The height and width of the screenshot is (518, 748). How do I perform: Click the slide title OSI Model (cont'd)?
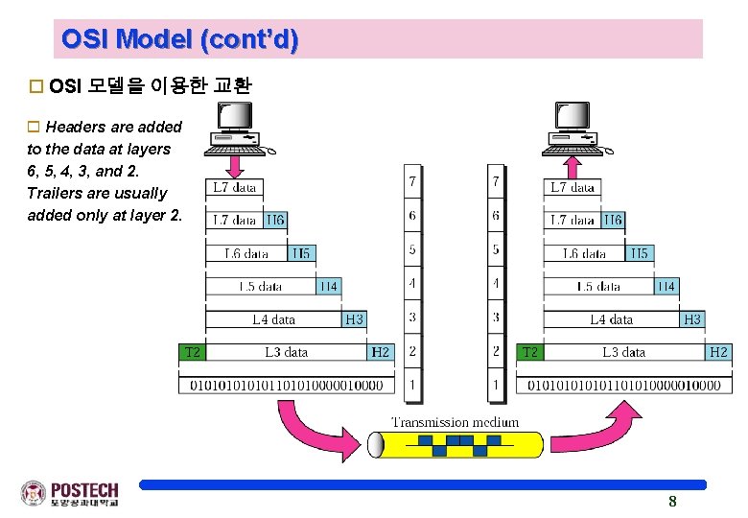click(179, 39)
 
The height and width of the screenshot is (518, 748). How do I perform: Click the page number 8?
click(672, 501)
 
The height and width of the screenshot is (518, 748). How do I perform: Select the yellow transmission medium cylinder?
click(458, 444)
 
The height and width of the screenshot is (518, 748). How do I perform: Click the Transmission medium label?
click(456, 422)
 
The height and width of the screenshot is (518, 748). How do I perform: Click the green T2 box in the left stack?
click(193, 352)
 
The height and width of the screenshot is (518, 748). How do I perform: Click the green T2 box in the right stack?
click(530, 352)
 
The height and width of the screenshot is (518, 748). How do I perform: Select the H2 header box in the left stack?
click(381, 352)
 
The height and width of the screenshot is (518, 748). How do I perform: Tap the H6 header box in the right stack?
click(613, 221)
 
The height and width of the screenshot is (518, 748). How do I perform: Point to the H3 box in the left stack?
click(355, 319)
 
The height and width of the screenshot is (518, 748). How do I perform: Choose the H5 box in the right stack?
click(639, 253)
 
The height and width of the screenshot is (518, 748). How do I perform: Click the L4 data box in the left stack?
click(274, 319)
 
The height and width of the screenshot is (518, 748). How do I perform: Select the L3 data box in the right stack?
click(623, 352)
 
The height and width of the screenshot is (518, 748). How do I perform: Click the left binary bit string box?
click(287, 385)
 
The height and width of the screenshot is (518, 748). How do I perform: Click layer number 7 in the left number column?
click(412, 181)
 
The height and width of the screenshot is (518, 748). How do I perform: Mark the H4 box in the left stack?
click(328, 286)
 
